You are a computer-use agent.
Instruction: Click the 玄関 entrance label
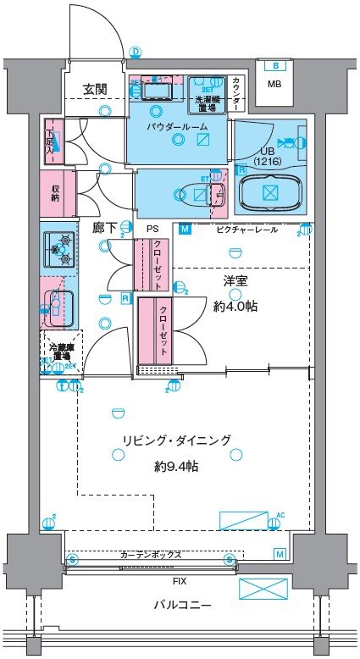point(95,88)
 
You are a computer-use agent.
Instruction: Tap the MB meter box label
point(274,84)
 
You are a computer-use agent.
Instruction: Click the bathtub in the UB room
point(269,193)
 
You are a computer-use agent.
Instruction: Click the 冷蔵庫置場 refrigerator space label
point(60,350)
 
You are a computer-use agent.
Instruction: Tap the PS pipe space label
point(152,229)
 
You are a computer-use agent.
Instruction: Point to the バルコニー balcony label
point(182,604)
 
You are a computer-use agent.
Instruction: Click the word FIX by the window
point(180,582)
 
